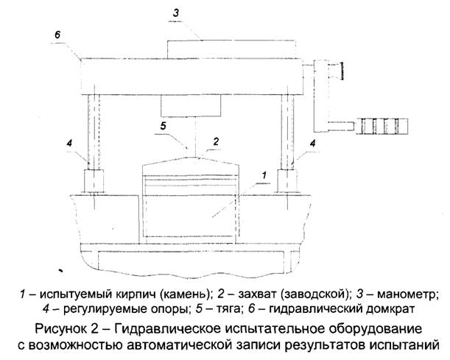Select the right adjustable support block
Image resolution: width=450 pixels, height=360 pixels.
click(x=287, y=180)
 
